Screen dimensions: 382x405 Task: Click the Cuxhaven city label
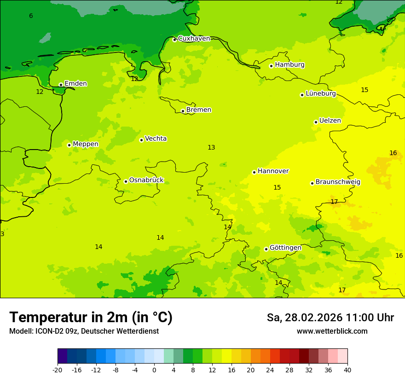pos(194,39)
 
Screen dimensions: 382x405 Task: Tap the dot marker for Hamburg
pos(272,66)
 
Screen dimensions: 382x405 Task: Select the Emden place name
pos(75,84)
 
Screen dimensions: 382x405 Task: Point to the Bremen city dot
pos(183,111)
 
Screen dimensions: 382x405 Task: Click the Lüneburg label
pos(321,94)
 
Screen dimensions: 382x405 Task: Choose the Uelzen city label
pos(330,121)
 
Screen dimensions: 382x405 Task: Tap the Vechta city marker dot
pos(141,140)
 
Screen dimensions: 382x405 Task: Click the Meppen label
pos(86,144)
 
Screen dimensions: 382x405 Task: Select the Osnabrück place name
pos(146,180)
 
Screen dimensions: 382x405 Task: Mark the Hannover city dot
pos(254,172)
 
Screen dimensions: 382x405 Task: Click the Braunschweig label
pos(338,182)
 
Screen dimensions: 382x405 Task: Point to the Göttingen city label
pos(285,248)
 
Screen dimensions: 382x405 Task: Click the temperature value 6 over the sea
pos(31,16)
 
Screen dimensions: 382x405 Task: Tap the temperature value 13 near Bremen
pos(211,148)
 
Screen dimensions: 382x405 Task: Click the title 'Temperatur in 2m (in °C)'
pos(91,318)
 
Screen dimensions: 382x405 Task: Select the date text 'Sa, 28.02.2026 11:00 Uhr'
pos(330,318)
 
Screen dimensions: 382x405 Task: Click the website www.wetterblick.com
pos(332,331)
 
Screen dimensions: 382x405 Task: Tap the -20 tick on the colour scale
pos(58,370)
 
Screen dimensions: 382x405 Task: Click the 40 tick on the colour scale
pos(347,370)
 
